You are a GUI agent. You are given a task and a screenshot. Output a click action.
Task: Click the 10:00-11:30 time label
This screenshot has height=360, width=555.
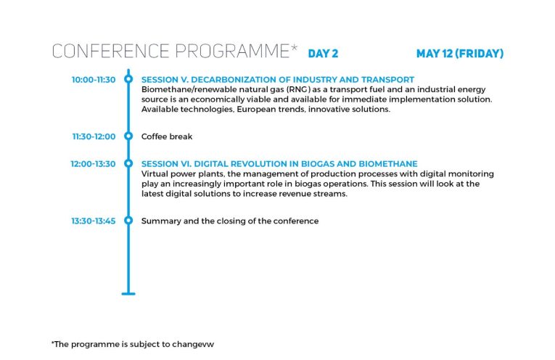pyautogui.click(x=94, y=80)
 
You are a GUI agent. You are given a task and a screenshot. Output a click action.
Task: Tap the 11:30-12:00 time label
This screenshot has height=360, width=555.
pyautogui.click(x=94, y=136)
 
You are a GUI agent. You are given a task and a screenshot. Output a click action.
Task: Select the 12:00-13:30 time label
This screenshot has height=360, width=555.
pyautogui.click(x=93, y=164)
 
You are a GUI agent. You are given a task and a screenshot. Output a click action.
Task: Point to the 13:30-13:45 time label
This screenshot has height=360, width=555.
pyautogui.click(x=94, y=221)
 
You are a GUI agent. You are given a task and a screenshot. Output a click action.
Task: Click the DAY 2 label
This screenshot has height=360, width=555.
pyautogui.click(x=323, y=54)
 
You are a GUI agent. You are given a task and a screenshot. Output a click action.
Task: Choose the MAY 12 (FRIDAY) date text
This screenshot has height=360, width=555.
pyautogui.click(x=460, y=54)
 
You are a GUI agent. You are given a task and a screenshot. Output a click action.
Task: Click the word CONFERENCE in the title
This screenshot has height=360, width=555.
pyautogui.click(x=111, y=51)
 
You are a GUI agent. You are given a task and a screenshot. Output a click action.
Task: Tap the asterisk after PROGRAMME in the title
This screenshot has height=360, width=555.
pyautogui.click(x=294, y=47)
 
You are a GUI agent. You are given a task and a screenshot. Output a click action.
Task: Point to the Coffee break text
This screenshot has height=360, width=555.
pyautogui.click(x=167, y=136)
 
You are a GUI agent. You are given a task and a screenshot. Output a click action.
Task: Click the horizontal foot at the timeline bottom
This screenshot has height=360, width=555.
pyautogui.click(x=128, y=293)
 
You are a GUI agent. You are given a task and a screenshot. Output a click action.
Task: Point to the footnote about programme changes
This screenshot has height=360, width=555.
pyautogui.click(x=133, y=344)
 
